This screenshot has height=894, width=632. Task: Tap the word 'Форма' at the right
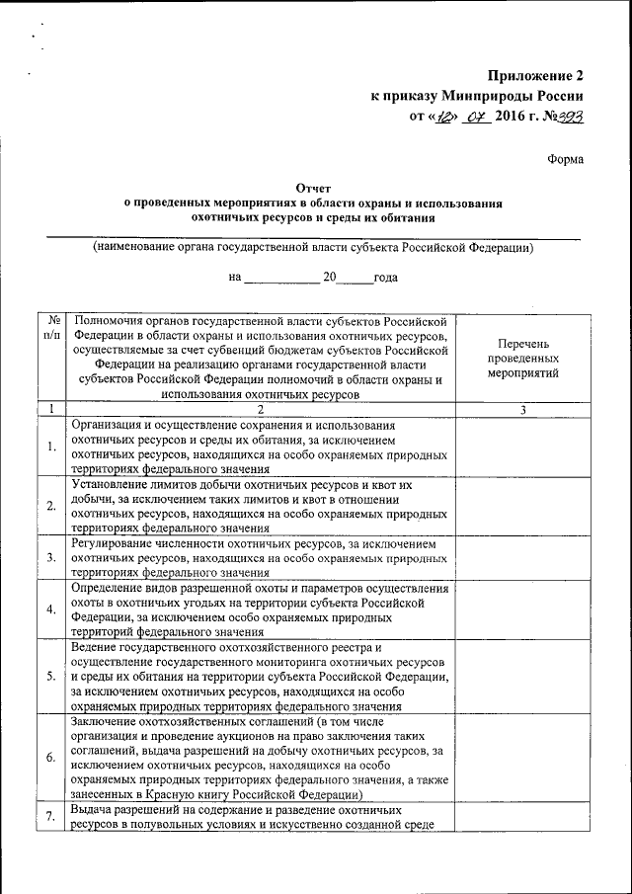pyautogui.click(x=565, y=160)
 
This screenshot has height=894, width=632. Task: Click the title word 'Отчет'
pyautogui.click(x=312, y=186)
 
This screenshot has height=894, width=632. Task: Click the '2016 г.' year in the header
pyautogui.click(x=520, y=117)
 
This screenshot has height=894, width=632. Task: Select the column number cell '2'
pyautogui.click(x=262, y=409)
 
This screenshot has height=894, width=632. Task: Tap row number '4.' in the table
pyautogui.click(x=51, y=608)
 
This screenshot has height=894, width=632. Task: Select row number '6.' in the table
pyautogui.click(x=51, y=757)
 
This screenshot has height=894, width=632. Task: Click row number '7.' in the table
pyautogui.click(x=51, y=817)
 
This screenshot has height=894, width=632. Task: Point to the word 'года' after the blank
pyautogui.click(x=385, y=278)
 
